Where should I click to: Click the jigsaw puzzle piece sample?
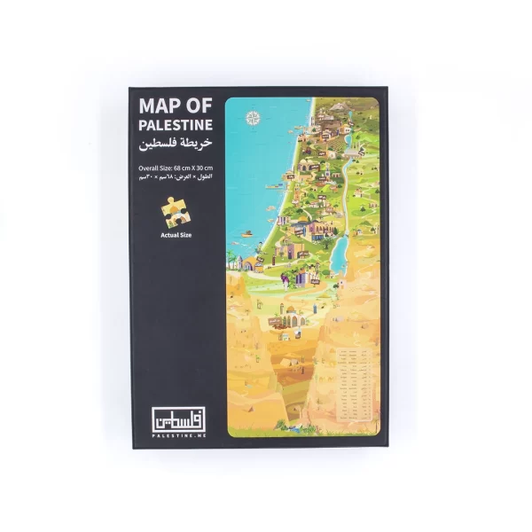[x=174, y=211]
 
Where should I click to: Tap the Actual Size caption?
[x=176, y=235]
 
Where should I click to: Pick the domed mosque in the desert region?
[x=290, y=315]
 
